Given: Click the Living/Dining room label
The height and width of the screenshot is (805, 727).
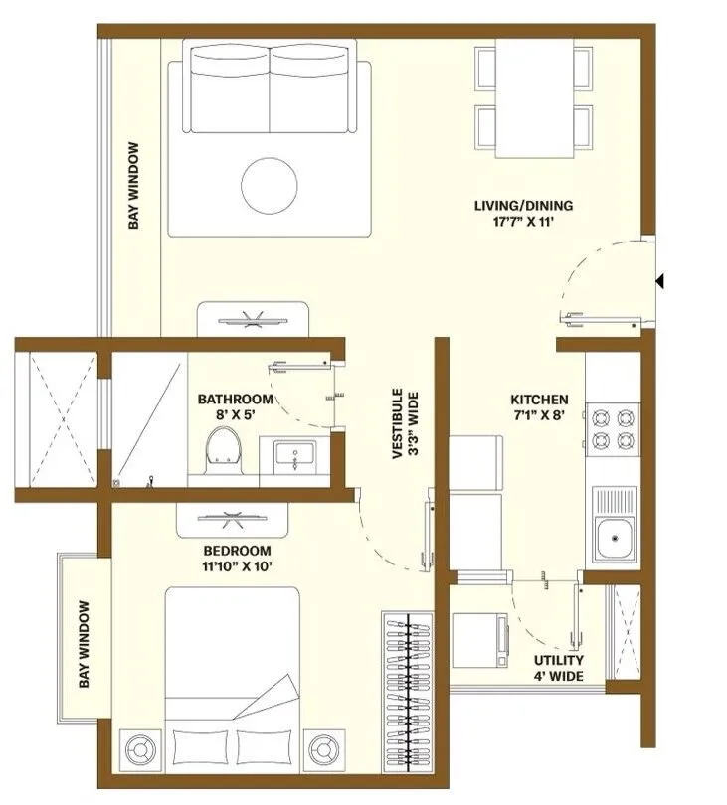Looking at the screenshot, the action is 523,214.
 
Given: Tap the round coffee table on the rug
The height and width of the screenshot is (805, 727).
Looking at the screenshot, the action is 270,185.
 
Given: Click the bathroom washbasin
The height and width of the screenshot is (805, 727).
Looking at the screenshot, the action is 294,454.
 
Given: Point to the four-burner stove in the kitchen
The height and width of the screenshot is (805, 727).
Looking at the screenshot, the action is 613,429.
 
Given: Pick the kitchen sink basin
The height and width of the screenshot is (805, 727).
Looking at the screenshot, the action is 614,538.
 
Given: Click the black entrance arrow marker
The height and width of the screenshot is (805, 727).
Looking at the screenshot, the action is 659,281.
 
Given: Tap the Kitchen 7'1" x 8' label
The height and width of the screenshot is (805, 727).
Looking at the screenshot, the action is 539,407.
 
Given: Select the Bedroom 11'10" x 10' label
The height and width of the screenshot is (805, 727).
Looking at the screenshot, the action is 237,559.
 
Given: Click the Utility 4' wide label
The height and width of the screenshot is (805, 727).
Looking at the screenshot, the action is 559,668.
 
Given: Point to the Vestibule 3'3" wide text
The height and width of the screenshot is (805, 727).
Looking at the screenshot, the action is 406,424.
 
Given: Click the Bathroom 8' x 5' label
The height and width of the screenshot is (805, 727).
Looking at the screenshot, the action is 236,407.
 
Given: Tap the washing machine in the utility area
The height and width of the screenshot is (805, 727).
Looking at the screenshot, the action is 481,640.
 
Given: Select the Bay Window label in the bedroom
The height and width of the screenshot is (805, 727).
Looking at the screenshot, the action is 85,644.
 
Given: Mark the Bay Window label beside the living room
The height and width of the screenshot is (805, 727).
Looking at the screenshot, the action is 133,185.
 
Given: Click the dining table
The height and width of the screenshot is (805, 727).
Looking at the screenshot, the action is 534,97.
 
